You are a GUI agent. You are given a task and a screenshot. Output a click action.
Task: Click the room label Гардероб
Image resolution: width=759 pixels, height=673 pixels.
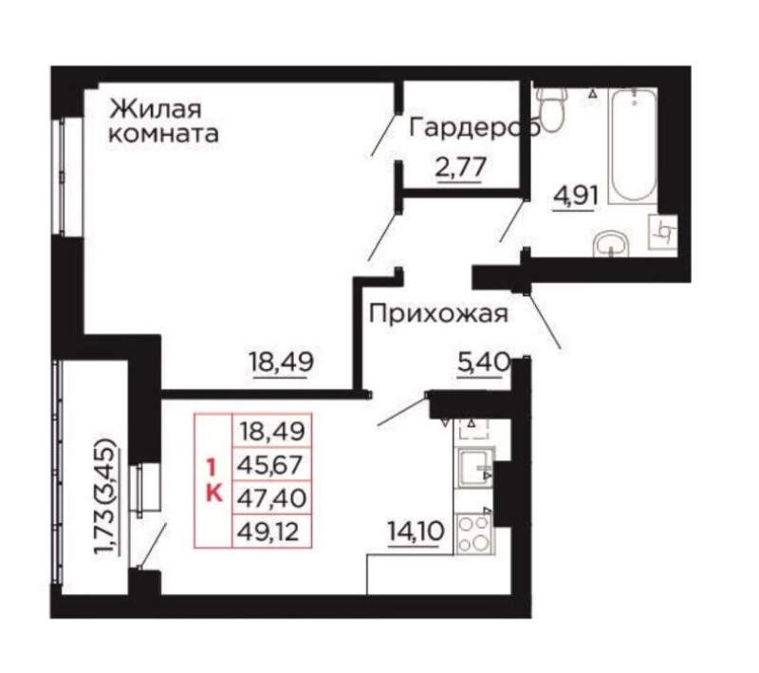click(473, 129)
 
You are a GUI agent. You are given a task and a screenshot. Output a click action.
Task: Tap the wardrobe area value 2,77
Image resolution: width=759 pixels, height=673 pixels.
click(460, 169)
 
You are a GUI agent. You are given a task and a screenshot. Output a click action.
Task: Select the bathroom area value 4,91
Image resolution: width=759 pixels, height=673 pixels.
click(576, 197)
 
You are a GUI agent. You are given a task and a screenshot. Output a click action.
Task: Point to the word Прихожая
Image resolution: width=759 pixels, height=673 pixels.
click(438, 314)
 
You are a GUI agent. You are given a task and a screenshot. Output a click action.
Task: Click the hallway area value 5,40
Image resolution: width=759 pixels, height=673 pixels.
click(484, 363)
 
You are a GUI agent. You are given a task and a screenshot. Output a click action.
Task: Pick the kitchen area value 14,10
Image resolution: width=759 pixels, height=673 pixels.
click(416, 533)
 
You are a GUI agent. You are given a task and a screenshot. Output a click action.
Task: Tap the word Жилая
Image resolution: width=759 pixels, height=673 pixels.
click(155, 109)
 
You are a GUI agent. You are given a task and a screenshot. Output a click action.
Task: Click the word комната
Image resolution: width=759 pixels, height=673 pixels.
click(163, 134)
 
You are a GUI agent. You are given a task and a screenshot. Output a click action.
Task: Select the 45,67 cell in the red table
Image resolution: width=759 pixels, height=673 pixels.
click(272, 465)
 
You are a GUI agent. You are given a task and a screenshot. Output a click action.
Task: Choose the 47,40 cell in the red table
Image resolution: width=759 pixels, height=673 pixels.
click(272, 498)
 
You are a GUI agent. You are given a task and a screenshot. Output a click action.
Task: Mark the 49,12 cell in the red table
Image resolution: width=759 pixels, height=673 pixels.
click(272, 532)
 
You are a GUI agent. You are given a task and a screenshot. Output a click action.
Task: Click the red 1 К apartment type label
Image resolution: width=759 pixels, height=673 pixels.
click(213, 481)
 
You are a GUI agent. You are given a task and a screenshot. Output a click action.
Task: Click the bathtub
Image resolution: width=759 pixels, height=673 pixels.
click(632, 145)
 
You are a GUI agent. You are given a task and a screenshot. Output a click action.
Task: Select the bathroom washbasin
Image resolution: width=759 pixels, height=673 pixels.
click(611, 244)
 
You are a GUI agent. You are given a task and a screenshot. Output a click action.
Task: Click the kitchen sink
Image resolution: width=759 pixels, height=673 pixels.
click(475, 467)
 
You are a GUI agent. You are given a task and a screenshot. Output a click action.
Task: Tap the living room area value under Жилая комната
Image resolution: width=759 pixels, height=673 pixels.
click(281, 363)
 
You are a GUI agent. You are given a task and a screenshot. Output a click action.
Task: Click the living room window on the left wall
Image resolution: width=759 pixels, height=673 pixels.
click(62, 177)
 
